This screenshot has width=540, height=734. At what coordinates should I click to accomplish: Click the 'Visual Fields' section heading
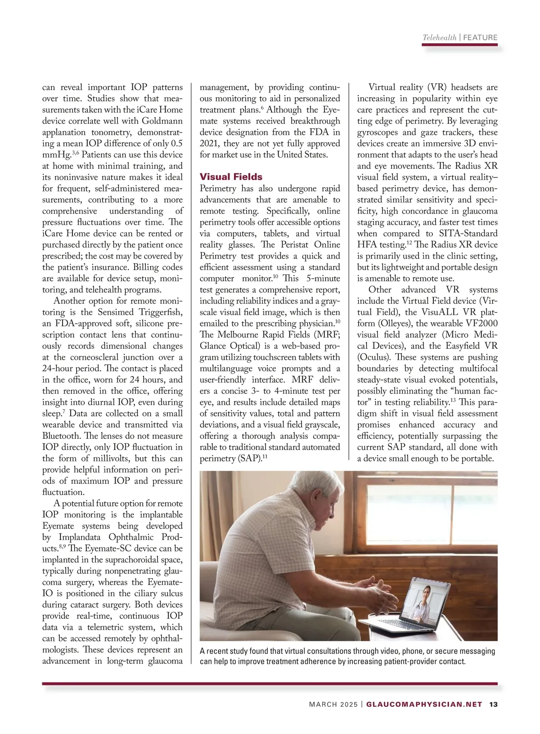[x=231, y=177]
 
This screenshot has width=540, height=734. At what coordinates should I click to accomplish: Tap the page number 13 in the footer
[x=493, y=704]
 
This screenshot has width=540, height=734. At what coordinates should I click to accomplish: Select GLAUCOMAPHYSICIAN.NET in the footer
[x=424, y=704]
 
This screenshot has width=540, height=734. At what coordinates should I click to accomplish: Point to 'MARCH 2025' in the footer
[x=333, y=704]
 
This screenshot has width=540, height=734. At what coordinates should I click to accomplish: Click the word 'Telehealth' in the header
[x=439, y=38]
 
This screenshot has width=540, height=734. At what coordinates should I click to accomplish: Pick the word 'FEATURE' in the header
[x=480, y=38]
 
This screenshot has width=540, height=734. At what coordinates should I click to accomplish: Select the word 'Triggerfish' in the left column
[x=160, y=312]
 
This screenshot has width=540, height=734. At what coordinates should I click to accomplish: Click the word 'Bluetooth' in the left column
[x=61, y=436]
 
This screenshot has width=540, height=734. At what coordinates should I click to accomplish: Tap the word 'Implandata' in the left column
[x=83, y=537]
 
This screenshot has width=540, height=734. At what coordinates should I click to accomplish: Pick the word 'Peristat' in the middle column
[x=297, y=245]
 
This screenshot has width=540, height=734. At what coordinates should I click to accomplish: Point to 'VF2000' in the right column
[x=479, y=324]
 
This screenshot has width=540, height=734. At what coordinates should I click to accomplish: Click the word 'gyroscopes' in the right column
[x=378, y=132]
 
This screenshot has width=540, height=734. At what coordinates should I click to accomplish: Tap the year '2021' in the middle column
[x=209, y=144]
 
